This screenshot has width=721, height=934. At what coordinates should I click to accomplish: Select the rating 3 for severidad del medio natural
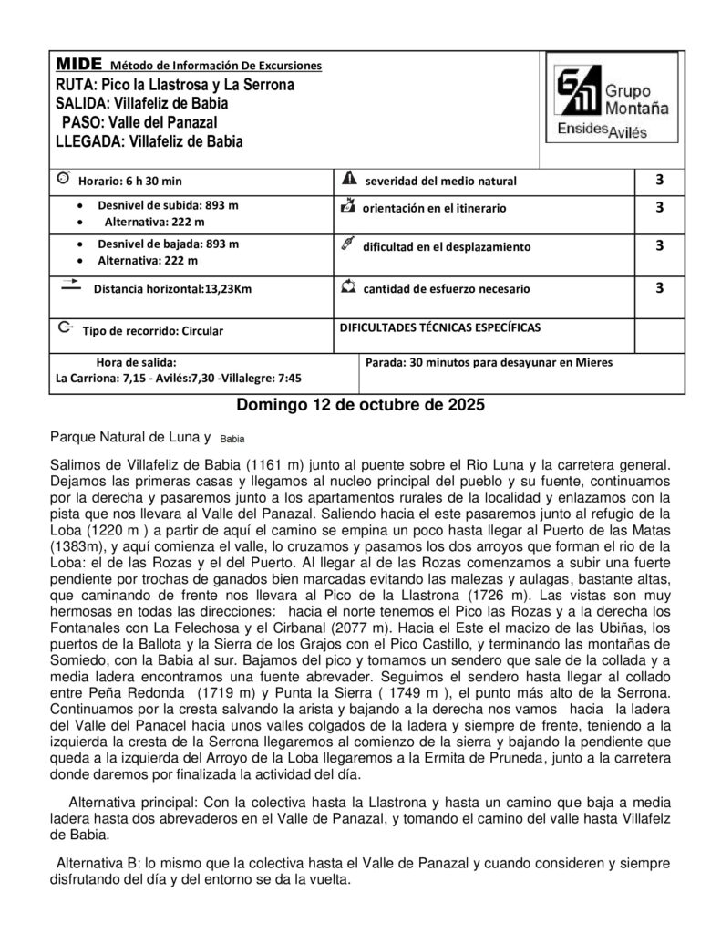[659, 180]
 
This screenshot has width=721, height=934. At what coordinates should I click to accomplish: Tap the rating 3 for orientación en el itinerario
[659, 207]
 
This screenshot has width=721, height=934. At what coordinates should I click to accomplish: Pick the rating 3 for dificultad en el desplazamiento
[659, 245]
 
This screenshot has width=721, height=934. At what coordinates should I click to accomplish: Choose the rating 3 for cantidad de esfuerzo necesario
[659, 288]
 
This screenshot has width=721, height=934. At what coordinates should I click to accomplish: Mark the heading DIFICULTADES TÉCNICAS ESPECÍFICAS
[439, 326]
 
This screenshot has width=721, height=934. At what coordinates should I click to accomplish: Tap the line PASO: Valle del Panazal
[139, 122]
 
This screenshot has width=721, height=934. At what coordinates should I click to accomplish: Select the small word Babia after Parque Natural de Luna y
[234, 438]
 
